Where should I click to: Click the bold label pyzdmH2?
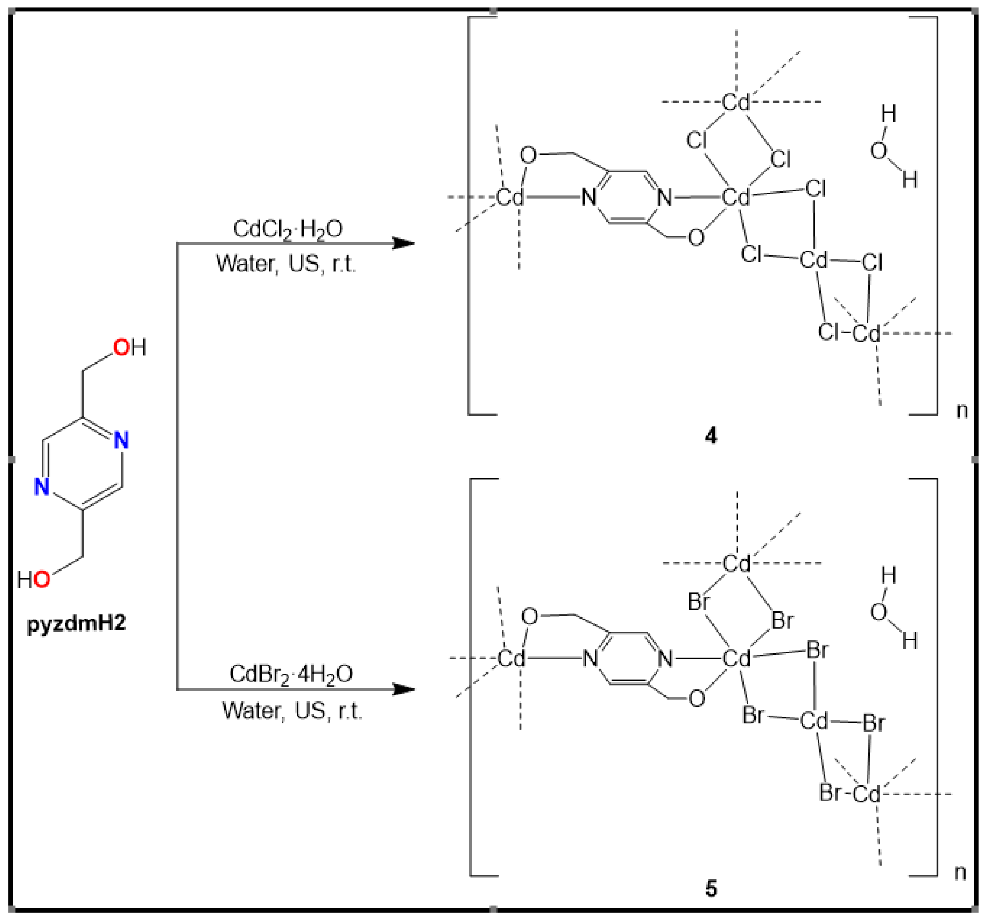coord(76,623)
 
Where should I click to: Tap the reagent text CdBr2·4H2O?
coord(291,675)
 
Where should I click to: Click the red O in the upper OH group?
coord(121,347)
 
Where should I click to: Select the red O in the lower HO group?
coord(42,580)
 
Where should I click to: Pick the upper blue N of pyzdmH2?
coord(121,440)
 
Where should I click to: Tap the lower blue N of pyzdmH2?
coord(42,486)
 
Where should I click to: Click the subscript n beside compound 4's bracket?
coord(962,411)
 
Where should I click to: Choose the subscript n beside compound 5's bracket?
coord(960,873)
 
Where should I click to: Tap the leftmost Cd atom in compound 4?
coord(510,197)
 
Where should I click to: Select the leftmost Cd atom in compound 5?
coord(511,659)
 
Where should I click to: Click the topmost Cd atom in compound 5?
coord(736,564)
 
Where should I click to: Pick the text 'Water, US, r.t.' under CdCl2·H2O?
coord(286,264)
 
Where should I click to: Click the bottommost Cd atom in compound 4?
coord(866,333)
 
